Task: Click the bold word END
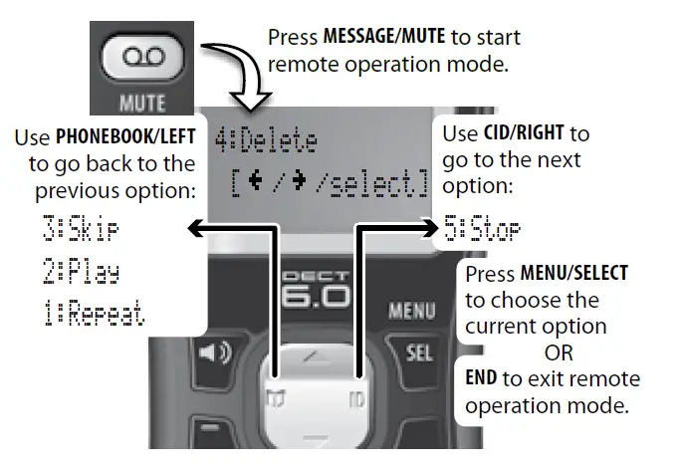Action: (x=483, y=379)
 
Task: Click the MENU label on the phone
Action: (x=411, y=312)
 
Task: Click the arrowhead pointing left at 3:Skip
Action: (x=195, y=229)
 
